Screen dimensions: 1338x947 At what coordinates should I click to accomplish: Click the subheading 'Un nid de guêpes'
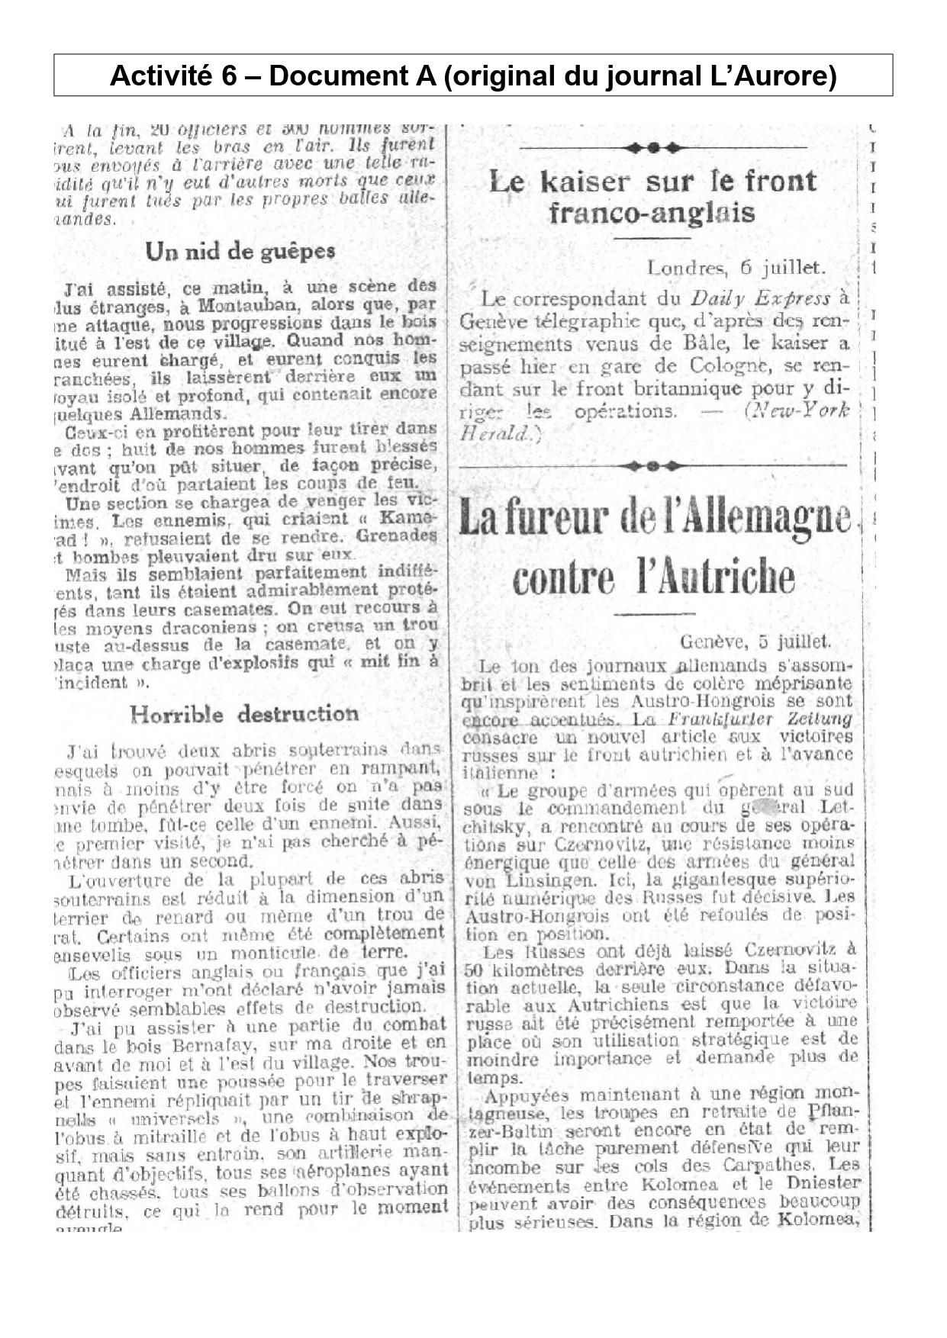(x=240, y=252)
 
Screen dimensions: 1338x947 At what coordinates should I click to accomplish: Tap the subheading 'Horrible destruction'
(x=243, y=715)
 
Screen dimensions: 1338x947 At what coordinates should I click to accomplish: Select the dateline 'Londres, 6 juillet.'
(x=736, y=268)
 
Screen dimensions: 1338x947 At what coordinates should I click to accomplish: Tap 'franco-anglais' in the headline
(x=652, y=212)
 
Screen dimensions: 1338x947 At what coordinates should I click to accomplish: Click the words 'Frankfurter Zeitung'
(x=760, y=719)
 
